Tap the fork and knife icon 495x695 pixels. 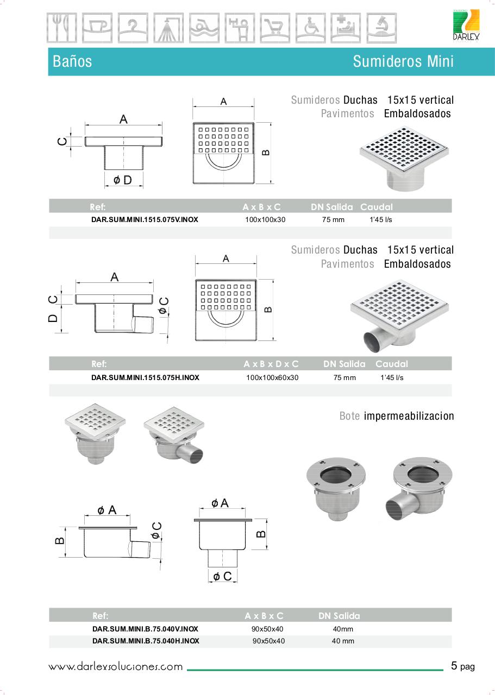61,28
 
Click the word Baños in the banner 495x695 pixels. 72,61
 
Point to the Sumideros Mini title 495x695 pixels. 403,61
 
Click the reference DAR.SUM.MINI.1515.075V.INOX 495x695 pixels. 145,220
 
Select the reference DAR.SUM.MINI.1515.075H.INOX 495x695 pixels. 145,377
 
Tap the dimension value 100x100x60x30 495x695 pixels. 272,377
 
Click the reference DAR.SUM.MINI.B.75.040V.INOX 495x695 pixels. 145,629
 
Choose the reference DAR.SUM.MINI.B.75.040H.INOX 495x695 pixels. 146,641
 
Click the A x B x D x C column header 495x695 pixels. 271,364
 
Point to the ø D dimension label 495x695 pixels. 123,180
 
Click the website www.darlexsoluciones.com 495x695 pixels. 116,667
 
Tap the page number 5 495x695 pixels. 454,666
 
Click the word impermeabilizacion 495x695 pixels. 409,416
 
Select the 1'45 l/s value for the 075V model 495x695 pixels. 381,220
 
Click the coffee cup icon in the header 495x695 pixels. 97,28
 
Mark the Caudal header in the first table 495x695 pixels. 376,207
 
